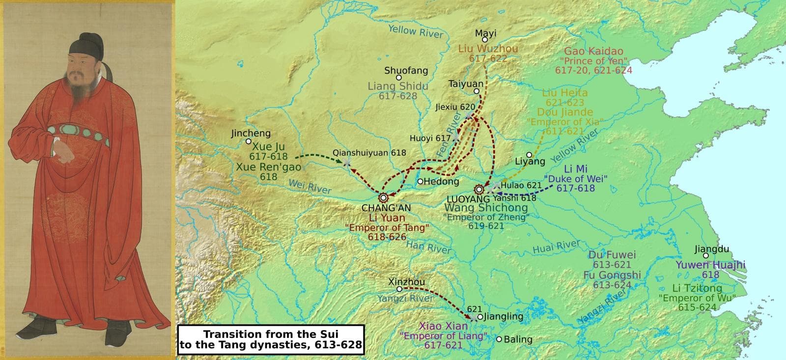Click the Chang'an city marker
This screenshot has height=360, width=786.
(x=383, y=197)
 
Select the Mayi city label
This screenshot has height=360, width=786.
(x=485, y=33)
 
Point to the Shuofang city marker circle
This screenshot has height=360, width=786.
(x=399, y=78)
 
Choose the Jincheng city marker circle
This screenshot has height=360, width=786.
(x=249, y=141)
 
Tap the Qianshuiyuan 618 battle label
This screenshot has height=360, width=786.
(x=369, y=152)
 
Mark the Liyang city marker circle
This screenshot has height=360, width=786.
(x=529, y=155)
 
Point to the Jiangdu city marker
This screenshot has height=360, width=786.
(x=706, y=255)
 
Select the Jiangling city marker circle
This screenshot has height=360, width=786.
(x=480, y=317)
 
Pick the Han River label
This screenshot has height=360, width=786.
(x=428, y=246)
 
